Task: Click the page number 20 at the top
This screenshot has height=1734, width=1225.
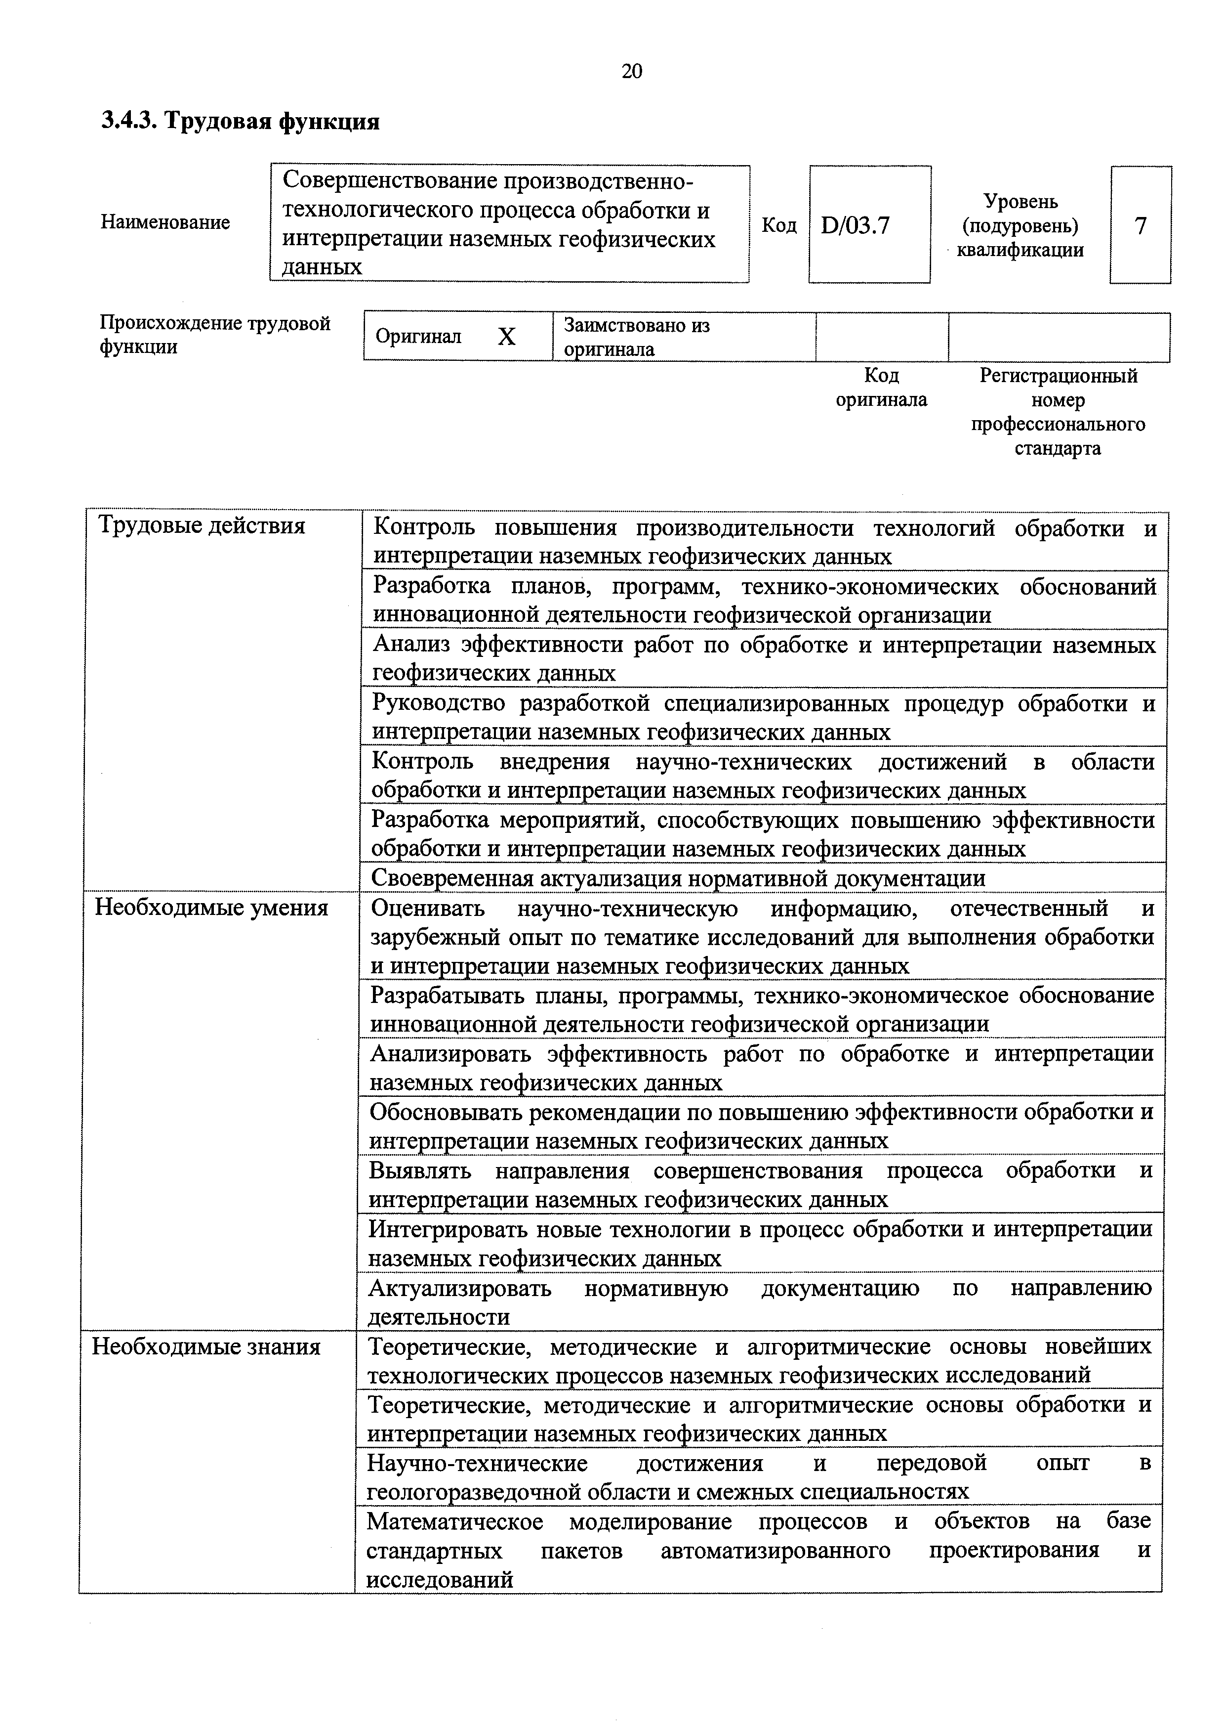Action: point(632,71)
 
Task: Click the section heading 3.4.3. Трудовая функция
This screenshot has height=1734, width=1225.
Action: point(241,121)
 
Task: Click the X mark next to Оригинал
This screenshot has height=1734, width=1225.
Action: point(506,337)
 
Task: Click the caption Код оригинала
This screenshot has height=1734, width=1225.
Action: point(881,388)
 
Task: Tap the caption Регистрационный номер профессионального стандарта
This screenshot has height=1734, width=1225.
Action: point(1058,412)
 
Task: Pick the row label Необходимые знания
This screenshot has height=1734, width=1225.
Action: point(206,1346)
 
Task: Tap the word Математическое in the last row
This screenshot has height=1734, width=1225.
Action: point(454,1521)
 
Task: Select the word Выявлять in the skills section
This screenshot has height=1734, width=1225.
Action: point(420,1170)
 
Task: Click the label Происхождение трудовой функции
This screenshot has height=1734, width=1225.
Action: point(215,335)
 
